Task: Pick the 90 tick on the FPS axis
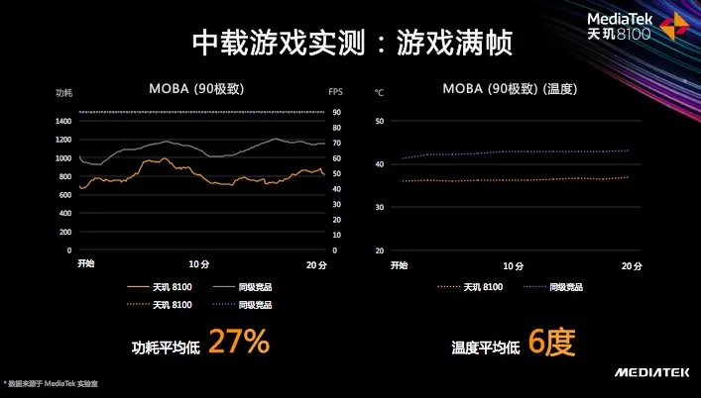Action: (335, 112)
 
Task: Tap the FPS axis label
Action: (335, 92)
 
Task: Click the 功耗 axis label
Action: (63, 92)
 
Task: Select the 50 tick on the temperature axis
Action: (379, 121)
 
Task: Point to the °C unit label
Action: (379, 92)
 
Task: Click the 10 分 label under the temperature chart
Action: (513, 265)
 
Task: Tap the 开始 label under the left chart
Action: (86, 264)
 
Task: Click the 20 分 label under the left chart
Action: (314, 264)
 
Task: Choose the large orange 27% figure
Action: (239, 343)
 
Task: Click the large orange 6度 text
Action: (551, 343)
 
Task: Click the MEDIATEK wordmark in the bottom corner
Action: (650, 372)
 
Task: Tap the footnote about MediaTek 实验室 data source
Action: (58, 382)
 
